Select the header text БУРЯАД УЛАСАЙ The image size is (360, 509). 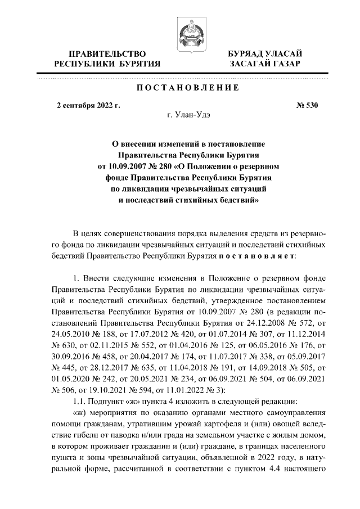click(x=265, y=53)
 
